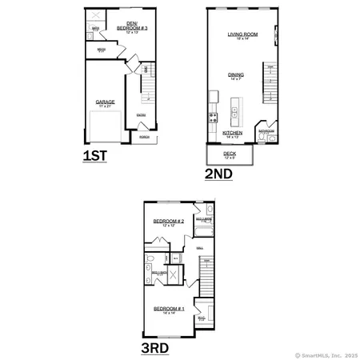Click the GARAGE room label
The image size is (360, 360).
click(x=105, y=102)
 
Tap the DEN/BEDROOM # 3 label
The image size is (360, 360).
click(x=127, y=26)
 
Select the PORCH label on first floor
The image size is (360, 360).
click(x=144, y=137)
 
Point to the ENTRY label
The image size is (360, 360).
click(x=141, y=115)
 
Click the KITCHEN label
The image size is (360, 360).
click(x=232, y=133)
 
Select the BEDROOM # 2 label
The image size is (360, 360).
click(x=169, y=221)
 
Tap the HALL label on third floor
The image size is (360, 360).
click(x=199, y=249)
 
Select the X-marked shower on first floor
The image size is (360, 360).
click(x=94, y=16)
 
